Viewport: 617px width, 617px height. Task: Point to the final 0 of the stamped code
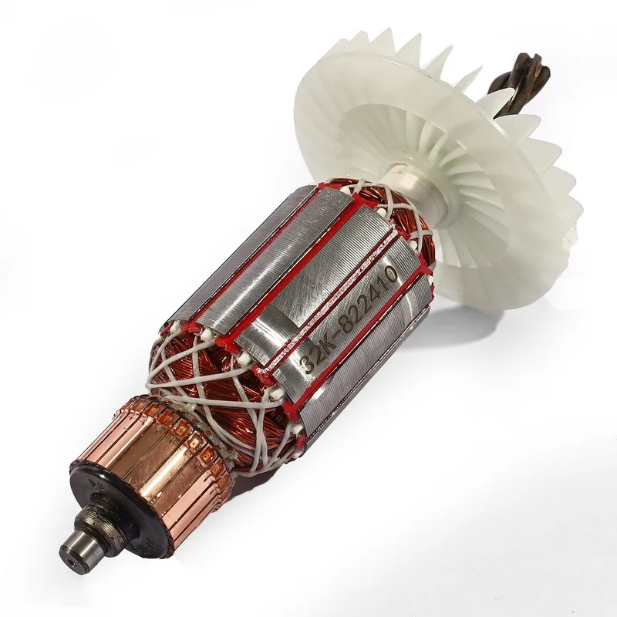(390, 273)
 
